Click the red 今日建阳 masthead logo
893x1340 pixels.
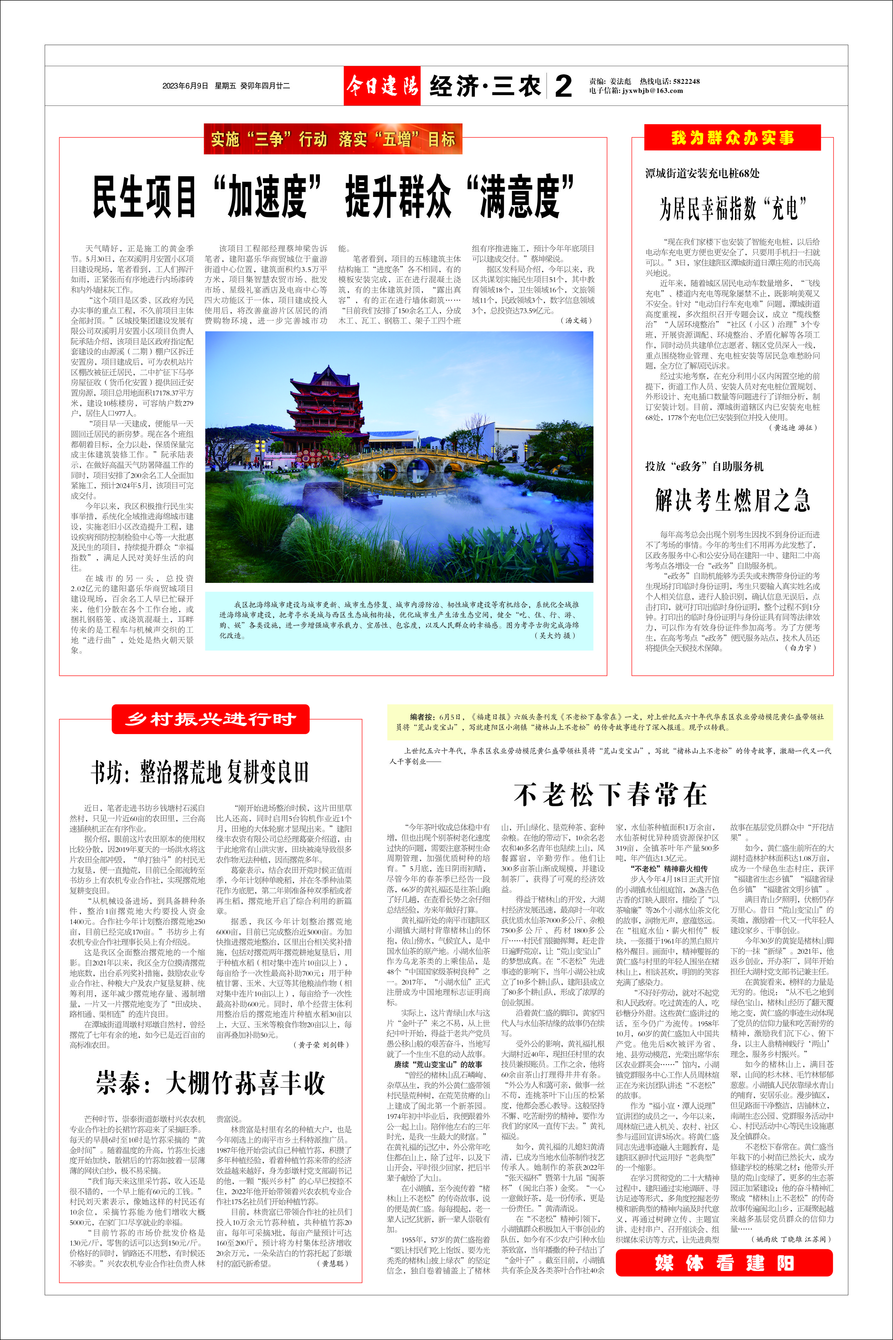pyautogui.click(x=382, y=86)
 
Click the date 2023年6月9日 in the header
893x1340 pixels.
pyautogui.click(x=185, y=86)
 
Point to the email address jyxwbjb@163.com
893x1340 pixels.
pyautogui.click(x=652, y=91)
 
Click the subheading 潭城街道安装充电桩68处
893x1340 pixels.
pyautogui.click(x=702, y=173)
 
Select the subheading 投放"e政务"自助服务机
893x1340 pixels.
pyautogui.click(x=704, y=466)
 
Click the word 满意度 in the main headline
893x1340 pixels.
pyautogui.click(x=518, y=197)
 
